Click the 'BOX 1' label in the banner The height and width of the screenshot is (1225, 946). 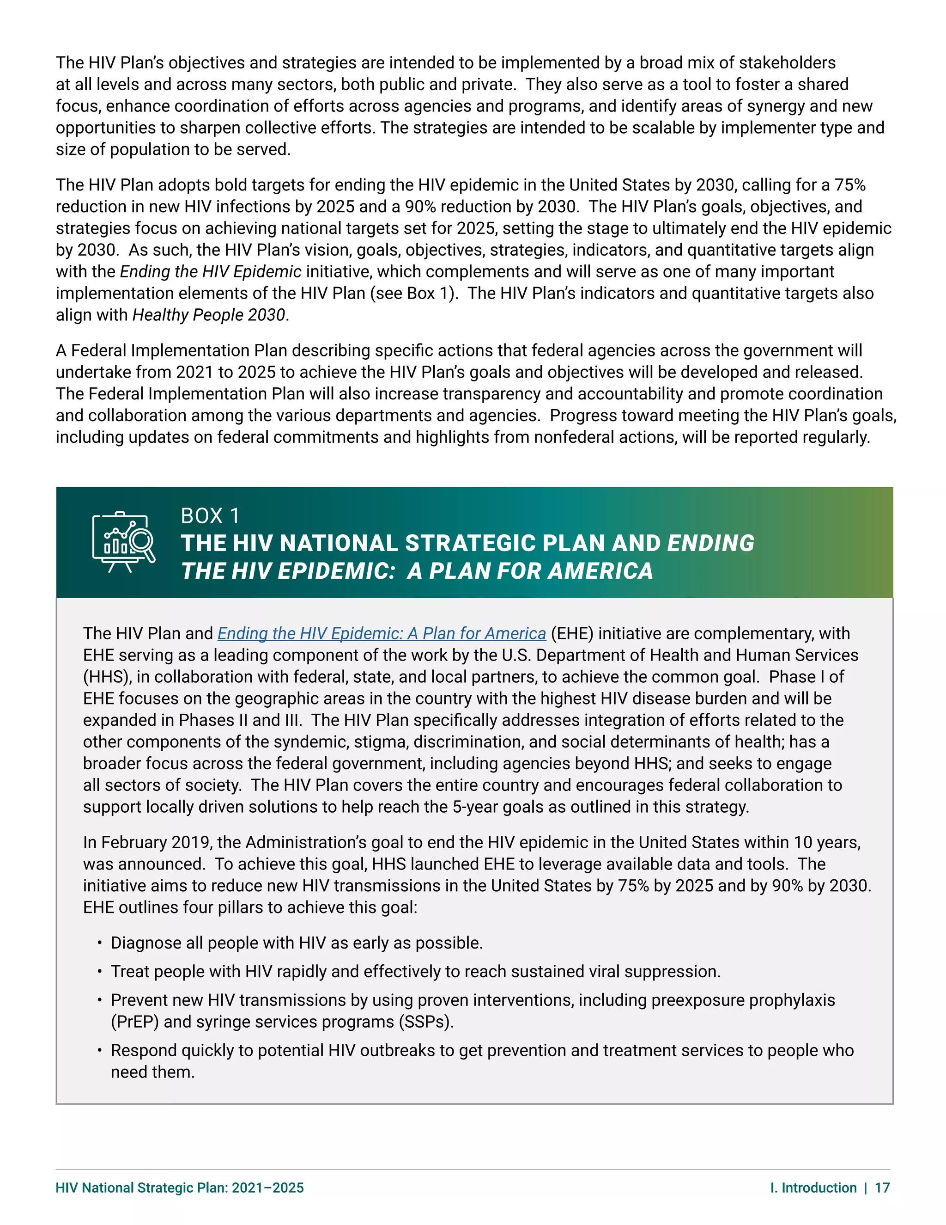[x=210, y=516]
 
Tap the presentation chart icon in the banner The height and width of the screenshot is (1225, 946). [x=123, y=542]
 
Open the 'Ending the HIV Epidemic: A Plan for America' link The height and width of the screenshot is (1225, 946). [x=381, y=633]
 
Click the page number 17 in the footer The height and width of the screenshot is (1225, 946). [x=882, y=1188]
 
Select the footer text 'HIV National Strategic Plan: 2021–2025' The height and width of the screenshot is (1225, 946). [x=179, y=1188]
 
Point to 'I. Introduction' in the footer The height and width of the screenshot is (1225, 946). [x=813, y=1188]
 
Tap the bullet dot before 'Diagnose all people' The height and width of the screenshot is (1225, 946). [x=99, y=943]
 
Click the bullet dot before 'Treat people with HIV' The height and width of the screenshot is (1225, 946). [x=99, y=972]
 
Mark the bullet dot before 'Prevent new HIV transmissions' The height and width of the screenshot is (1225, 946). [x=99, y=1000]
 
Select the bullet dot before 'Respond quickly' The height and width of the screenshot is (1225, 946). [x=99, y=1050]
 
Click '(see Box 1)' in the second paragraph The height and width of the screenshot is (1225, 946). [x=413, y=294]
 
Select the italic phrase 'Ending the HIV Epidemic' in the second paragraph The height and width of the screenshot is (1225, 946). [x=211, y=272]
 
